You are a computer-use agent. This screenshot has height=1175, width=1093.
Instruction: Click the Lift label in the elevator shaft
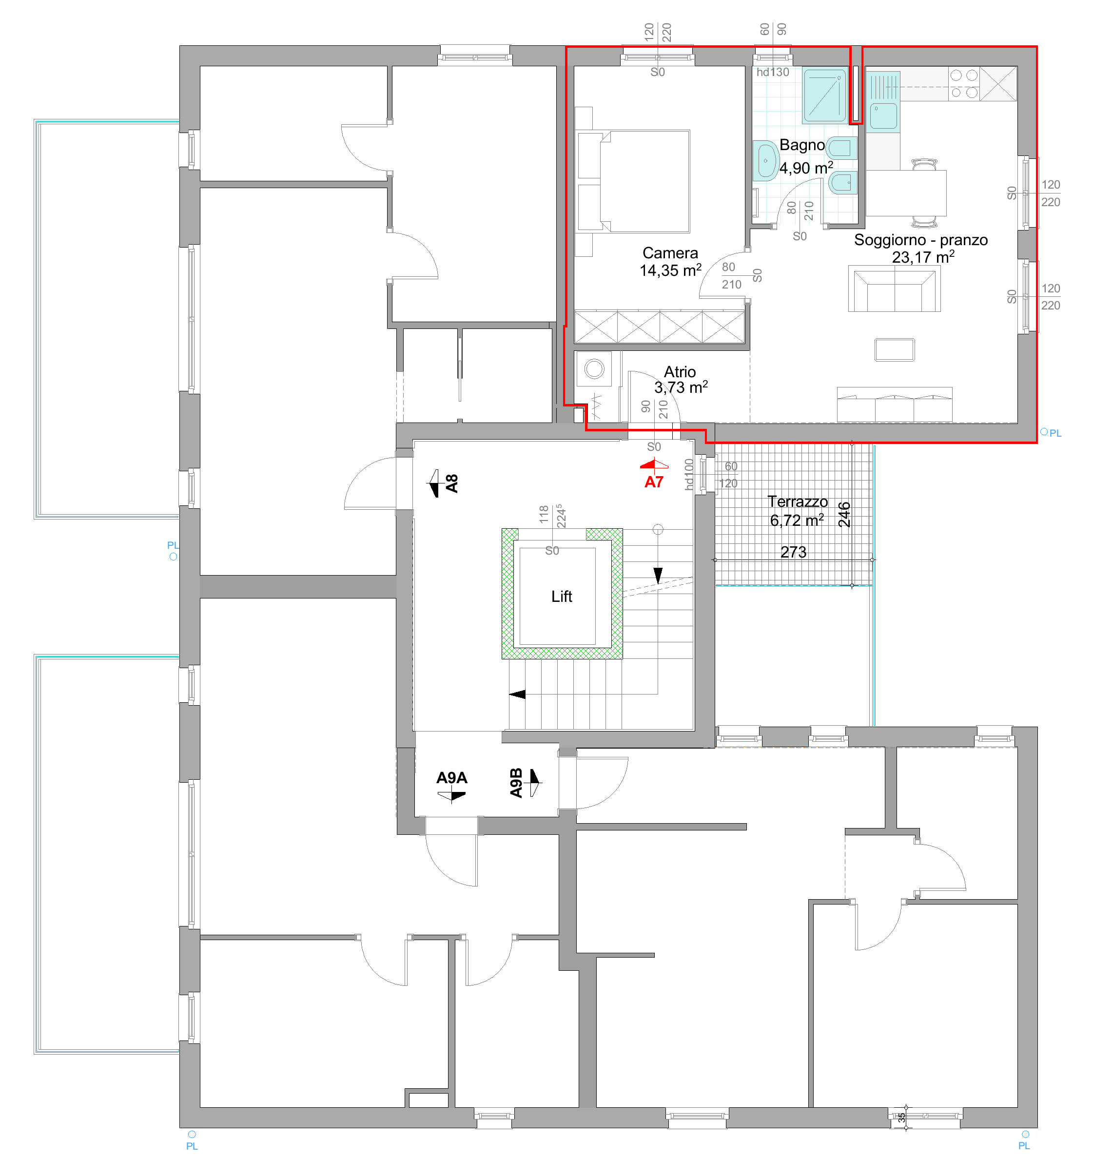pyautogui.click(x=561, y=597)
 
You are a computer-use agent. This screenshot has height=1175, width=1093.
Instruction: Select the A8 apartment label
pyautogui.click(x=451, y=483)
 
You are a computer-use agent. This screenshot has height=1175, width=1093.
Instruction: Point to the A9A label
pyautogui.click(x=451, y=778)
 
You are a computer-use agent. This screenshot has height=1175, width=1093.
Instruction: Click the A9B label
pyautogui.click(x=516, y=783)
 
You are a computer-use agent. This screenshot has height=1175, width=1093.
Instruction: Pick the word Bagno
pyautogui.click(x=801, y=145)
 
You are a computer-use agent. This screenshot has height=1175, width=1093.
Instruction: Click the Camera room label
pyautogui.click(x=670, y=253)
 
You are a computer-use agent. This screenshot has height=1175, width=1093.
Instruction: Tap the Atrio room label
pyautogui.click(x=679, y=372)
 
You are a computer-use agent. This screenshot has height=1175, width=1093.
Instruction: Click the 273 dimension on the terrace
pyautogui.click(x=793, y=552)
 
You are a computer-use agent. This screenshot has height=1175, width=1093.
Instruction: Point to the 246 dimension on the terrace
pyautogui.click(x=844, y=514)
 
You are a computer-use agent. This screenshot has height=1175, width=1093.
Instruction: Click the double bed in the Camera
pyautogui.click(x=644, y=181)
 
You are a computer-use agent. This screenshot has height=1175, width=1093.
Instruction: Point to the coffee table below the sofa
pyautogui.click(x=895, y=349)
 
